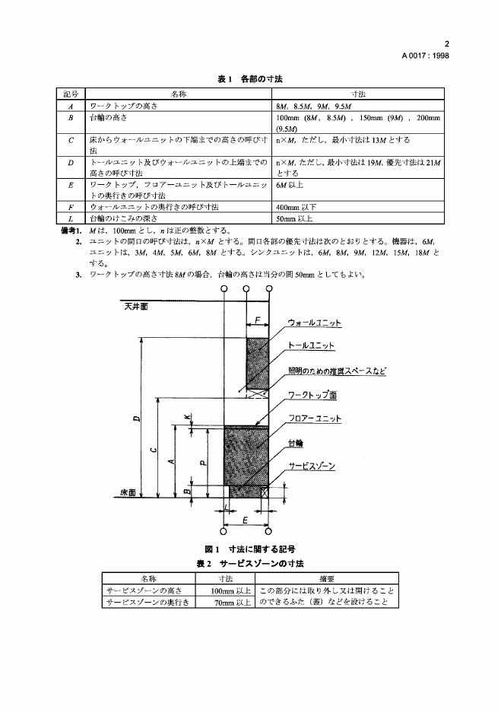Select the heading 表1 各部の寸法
point(250,78)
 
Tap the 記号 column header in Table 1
point(71,94)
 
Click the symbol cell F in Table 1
point(71,206)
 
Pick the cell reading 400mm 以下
point(297,206)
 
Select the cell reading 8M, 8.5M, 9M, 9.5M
point(314,106)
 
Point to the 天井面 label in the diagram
point(137,307)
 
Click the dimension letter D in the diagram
point(136,419)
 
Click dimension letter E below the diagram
point(245,519)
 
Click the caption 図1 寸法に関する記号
point(249,548)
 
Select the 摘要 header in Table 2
point(327,578)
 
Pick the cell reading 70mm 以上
point(231,601)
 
